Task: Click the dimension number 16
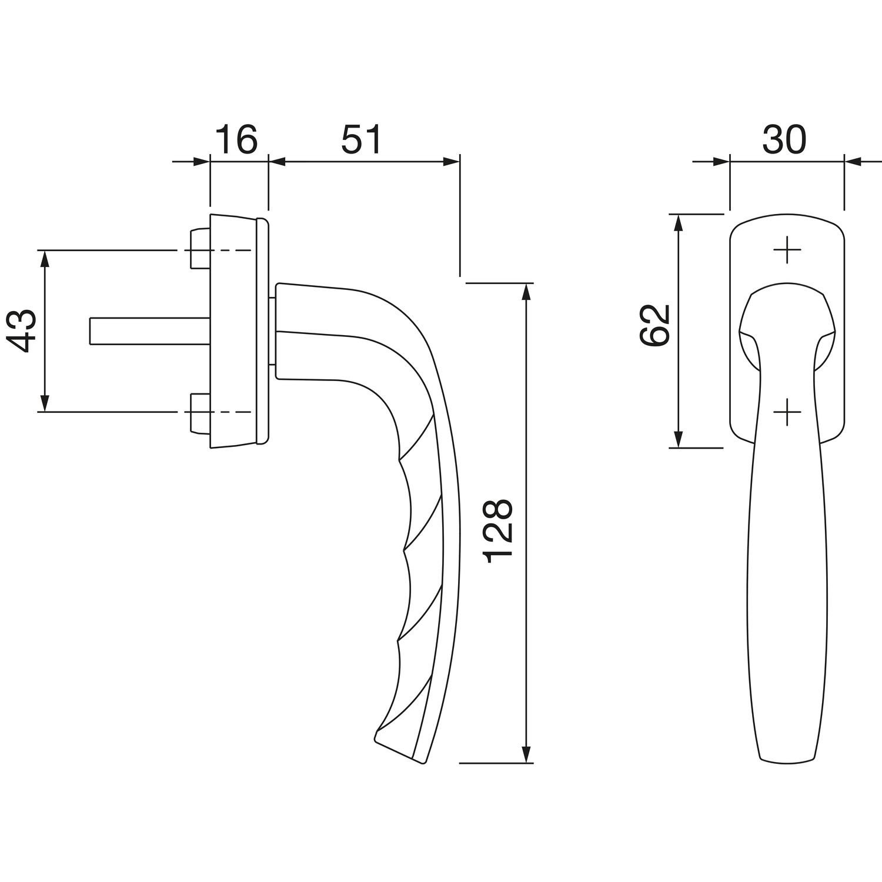(236, 140)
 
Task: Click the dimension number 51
(362, 140)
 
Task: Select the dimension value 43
(24, 331)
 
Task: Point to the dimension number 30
(784, 140)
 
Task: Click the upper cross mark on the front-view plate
(787, 250)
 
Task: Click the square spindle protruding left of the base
(149, 330)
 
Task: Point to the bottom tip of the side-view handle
(422, 763)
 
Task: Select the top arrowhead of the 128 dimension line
(527, 293)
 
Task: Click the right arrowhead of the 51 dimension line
(450, 161)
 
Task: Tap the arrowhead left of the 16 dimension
(200, 161)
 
